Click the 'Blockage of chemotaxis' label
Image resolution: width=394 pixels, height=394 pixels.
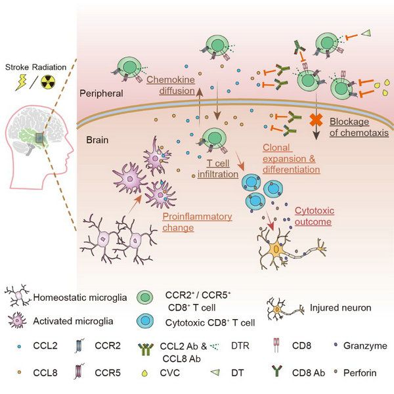358,127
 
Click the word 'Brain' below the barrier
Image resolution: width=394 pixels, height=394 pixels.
98,140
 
